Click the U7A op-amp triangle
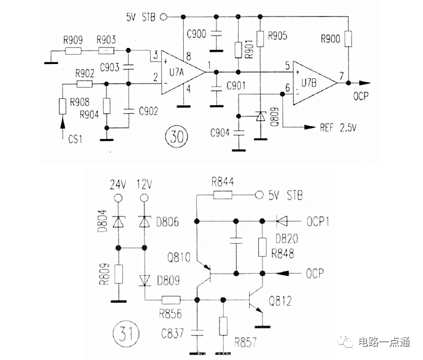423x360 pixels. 181,72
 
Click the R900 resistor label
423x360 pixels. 331,39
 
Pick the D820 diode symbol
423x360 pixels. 282,220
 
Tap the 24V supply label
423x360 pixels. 117,183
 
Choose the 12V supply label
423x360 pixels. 144,183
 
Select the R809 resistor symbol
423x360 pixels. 117,273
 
